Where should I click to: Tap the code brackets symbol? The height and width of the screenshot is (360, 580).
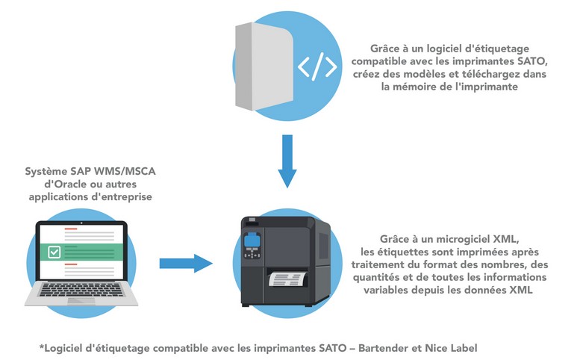pyautogui.click(x=317, y=67)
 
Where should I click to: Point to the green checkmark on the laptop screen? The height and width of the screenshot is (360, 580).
pyautogui.click(x=54, y=253)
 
